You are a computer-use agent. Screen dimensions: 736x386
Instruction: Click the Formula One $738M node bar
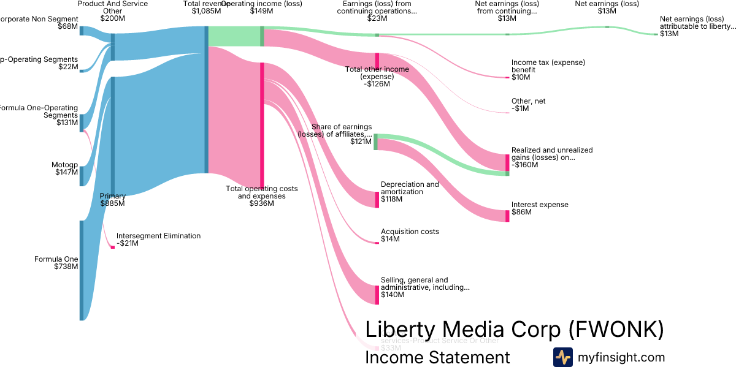(81, 270)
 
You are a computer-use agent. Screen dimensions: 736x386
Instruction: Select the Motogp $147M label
(65, 168)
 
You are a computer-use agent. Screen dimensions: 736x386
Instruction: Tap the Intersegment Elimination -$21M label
(158, 240)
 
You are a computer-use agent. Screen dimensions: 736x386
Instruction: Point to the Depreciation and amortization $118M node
(377, 200)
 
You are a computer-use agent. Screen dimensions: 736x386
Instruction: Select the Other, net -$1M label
(528, 105)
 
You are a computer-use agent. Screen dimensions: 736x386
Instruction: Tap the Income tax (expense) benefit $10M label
(548, 70)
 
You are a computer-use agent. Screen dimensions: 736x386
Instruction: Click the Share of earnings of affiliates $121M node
(376, 142)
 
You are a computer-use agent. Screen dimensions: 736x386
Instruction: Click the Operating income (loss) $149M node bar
(262, 36)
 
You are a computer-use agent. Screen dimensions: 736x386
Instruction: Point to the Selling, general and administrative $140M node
(377, 295)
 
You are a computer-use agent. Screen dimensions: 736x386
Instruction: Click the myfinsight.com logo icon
(562, 357)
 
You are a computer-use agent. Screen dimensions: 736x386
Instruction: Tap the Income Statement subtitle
(437, 357)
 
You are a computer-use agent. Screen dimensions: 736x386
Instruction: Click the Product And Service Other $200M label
(112, 11)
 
